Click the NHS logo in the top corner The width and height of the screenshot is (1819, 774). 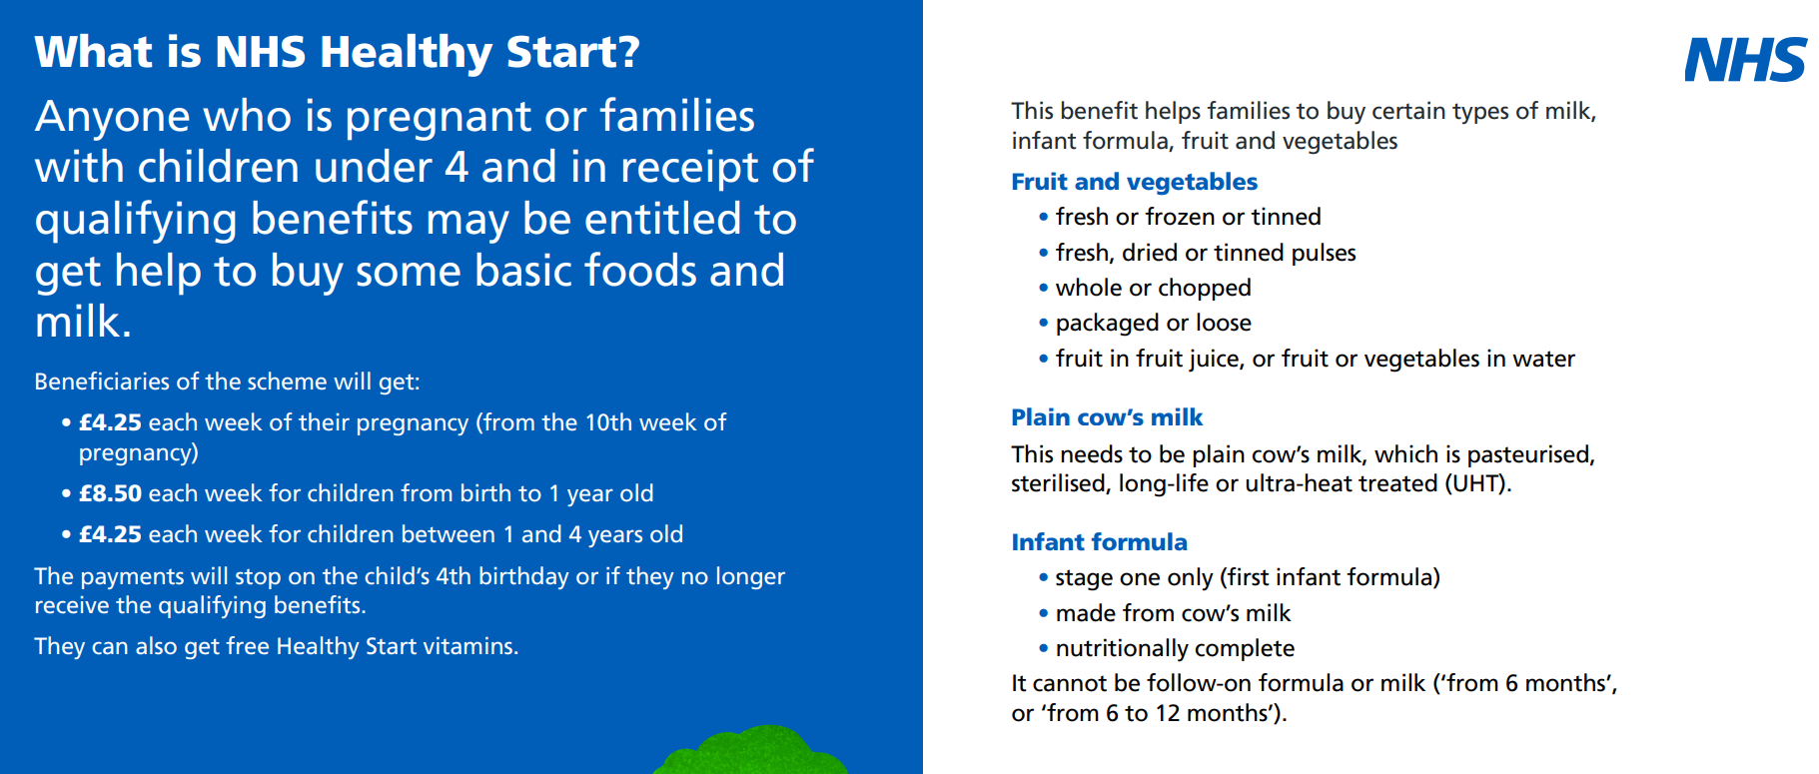[1745, 60]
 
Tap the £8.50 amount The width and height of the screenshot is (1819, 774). [110, 493]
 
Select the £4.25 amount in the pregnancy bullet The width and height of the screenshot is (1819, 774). [110, 422]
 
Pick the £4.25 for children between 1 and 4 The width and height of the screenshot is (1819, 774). [110, 534]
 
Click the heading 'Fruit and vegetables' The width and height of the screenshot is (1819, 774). [1134, 182]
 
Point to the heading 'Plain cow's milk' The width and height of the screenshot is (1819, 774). [1107, 417]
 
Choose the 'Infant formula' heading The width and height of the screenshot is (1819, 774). [1099, 542]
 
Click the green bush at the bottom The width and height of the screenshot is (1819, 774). [750, 750]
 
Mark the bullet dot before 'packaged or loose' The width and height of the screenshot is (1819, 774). [1044, 324]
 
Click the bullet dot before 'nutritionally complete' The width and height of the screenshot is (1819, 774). [1044, 649]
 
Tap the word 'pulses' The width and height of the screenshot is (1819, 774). [1324, 254]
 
